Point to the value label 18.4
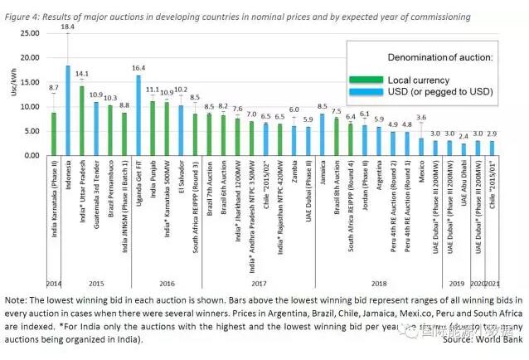68,27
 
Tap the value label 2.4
463,135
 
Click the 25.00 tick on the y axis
30,33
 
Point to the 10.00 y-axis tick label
30,107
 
